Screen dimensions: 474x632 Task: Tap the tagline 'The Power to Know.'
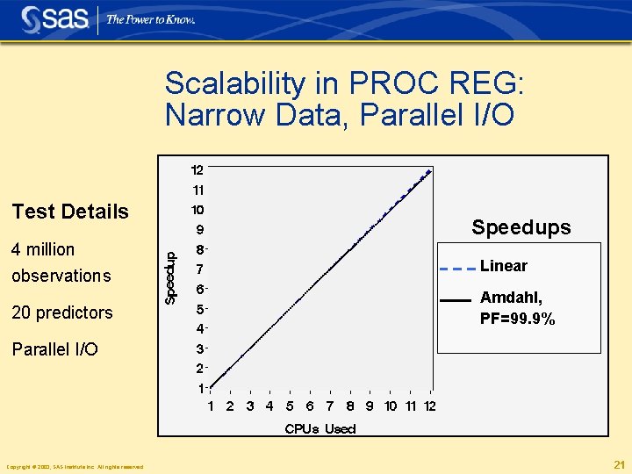(150, 19)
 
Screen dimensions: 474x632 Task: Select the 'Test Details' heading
(70, 212)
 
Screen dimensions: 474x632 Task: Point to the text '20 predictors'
(61, 312)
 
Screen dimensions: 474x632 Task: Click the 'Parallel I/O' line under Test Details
(54, 349)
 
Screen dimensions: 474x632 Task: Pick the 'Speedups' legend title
(521, 228)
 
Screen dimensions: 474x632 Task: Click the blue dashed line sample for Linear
(456, 268)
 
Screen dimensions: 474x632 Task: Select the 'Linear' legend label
(504, 266)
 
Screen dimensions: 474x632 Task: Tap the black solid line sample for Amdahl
(456, 300)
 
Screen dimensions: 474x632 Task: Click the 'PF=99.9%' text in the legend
(517, 320)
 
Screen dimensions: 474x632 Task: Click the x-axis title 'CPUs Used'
(320, 428)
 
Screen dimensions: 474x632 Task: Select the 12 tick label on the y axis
(197, 169)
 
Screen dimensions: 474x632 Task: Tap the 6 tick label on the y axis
(200, 289)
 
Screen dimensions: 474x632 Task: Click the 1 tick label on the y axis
(201, 388)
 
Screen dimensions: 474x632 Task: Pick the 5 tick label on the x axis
(290, 406)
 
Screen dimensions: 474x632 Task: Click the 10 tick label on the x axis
(391, 406)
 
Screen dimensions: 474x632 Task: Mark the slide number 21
(618, 464)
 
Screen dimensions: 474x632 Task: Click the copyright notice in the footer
(75, 466)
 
